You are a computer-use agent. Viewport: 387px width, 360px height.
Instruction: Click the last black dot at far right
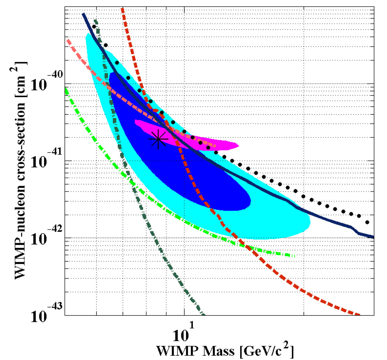pos(367,222)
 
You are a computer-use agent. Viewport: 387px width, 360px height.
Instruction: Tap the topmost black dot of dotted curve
pos(94,26)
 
